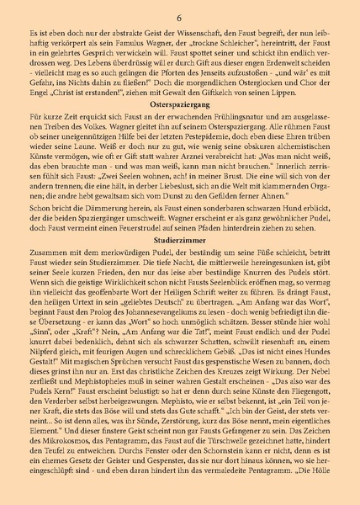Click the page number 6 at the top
point(180,18)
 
